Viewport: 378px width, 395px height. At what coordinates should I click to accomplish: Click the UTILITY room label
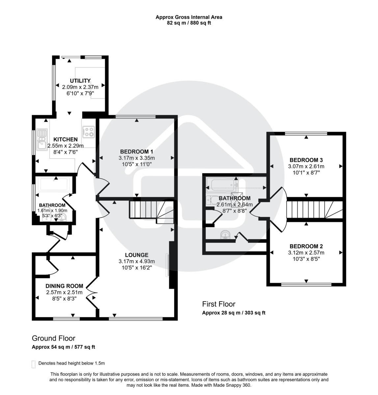[80, 81]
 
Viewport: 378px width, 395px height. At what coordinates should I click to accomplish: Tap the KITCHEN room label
[66, 140]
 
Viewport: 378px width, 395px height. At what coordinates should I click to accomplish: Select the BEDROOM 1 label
[137, 152]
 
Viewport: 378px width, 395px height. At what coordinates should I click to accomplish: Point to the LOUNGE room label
[137, 255]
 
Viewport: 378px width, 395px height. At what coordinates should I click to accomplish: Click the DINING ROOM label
[64, 286]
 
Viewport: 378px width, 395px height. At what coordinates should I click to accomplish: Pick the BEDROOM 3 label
[306, 160]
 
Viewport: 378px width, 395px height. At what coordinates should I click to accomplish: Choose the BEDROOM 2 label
[306, 246]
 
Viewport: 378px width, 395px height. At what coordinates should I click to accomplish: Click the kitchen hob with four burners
[88, 132]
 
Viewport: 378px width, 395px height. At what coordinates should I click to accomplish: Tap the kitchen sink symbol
[41, 140]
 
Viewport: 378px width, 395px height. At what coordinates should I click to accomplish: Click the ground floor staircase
[151, 211]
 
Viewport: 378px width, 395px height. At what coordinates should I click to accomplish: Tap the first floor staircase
[314, 210]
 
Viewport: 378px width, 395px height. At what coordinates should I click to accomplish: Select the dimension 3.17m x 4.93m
[137, 261]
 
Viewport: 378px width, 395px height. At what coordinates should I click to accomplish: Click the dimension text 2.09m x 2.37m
[80, 87]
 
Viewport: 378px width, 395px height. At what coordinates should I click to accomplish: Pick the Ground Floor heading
[53, 338]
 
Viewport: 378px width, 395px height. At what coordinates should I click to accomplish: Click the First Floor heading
[219, 304]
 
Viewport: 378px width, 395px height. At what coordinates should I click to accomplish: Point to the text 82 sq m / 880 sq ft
[189, 23]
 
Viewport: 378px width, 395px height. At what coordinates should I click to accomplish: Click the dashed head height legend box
[33, 364]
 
